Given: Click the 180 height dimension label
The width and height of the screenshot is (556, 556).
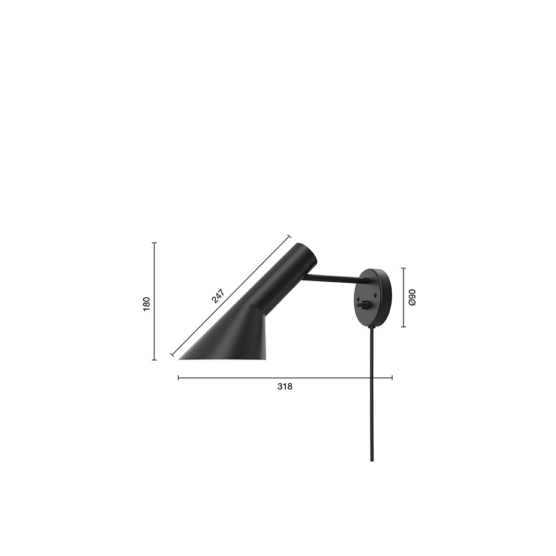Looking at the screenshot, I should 146,303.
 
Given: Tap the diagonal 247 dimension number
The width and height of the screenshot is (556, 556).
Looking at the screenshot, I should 218,297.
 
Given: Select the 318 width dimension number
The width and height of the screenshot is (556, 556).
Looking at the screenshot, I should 285,387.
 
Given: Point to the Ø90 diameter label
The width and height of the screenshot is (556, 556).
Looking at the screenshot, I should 412,297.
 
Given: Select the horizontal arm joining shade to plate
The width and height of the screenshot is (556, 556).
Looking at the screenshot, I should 335,279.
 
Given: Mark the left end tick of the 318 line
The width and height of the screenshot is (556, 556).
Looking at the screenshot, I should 179,378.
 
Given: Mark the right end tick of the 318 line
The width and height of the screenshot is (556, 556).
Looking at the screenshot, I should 392,378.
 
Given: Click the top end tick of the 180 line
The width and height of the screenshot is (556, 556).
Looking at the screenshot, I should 154,243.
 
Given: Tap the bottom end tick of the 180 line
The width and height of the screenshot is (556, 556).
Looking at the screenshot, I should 154,360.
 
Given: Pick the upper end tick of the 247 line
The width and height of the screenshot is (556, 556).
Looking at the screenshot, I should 289,236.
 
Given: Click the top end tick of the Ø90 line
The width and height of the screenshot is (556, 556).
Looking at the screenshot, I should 404,268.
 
